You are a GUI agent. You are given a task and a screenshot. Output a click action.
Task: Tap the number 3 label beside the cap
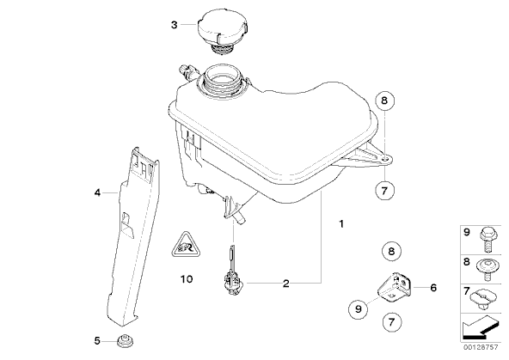[175, 25]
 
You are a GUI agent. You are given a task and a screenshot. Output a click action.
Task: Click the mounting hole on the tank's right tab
[384, 160]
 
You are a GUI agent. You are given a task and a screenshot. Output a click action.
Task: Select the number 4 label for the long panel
[97, 193]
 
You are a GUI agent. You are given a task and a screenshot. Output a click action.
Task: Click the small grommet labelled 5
[126, 341]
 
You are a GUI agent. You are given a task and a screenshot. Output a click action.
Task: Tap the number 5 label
[97, 341]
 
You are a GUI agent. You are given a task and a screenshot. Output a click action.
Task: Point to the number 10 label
[187, 279]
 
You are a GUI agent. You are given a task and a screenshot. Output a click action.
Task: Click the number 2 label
[285, 284]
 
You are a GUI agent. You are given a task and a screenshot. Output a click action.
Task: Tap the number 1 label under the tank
[341, 223]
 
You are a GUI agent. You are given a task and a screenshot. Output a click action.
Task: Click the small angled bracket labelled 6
[395, 287]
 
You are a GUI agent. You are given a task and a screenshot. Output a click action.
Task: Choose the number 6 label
[433, 288]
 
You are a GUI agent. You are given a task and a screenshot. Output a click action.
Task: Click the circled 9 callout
[359, 308]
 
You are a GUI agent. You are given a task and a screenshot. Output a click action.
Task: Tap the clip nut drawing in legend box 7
[484, 299]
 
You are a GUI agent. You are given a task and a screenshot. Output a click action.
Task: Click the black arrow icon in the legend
[479, 328]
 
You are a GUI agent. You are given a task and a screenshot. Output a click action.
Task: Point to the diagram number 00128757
[481, 347]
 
